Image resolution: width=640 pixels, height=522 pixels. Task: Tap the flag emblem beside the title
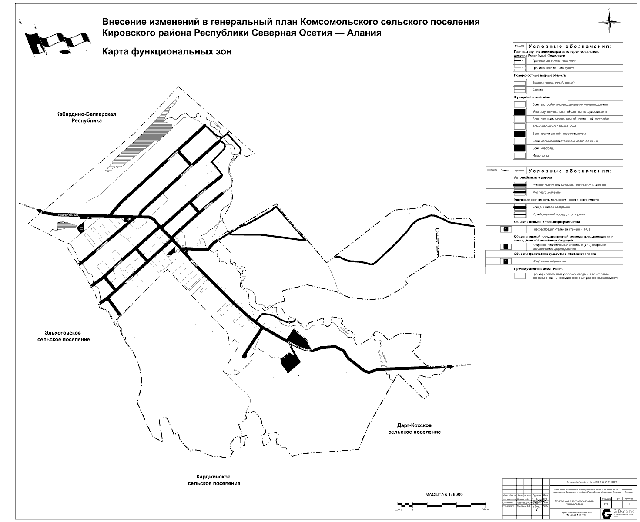[58, 42]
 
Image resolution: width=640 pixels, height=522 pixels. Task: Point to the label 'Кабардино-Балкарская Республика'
[86, 117]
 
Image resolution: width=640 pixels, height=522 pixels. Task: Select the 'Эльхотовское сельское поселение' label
[64, 336]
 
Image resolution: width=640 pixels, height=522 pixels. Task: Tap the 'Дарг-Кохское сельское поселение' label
[414, 428]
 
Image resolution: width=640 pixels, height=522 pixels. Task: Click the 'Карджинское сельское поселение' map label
[214, 480]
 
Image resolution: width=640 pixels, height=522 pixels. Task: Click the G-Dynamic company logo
[606, 513]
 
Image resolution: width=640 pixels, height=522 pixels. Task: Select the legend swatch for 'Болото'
[519, 90]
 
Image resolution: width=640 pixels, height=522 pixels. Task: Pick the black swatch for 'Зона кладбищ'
[519, 148]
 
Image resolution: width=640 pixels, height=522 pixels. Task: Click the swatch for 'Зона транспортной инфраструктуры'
[519, 134]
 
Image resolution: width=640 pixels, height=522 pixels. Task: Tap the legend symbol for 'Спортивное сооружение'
[506, 261]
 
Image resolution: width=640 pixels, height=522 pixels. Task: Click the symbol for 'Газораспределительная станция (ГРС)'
[506, 229]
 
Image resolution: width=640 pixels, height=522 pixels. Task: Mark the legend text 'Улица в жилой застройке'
[551, 207]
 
